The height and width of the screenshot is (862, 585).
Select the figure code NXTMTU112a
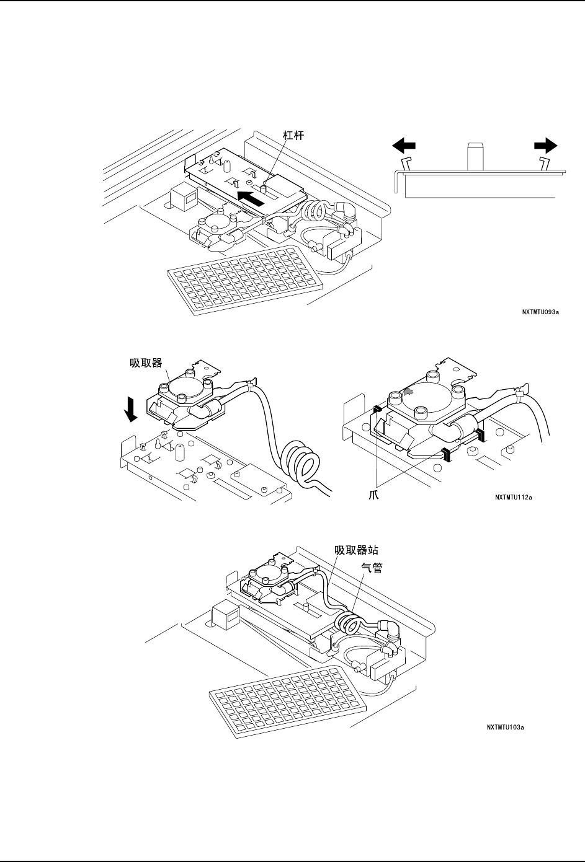click(514, 496)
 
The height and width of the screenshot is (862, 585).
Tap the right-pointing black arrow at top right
click(546, 145)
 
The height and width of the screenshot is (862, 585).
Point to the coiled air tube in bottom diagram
click(350, 621)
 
